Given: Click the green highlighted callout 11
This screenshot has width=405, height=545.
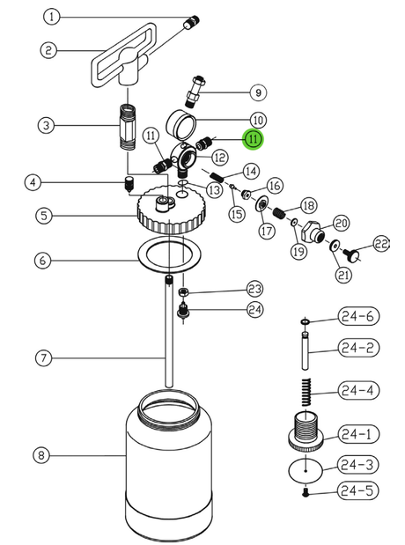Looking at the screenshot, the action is (253, 139).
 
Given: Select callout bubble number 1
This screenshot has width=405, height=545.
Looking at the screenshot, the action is (52, 17).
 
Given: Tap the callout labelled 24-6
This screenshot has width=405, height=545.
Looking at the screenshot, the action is (358, 316).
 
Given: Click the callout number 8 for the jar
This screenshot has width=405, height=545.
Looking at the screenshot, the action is (41, 455).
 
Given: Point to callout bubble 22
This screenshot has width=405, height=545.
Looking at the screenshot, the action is (381, 244).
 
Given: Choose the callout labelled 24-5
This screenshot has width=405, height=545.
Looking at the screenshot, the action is (357, 490).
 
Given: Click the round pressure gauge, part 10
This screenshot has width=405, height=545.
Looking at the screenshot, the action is (180, 124).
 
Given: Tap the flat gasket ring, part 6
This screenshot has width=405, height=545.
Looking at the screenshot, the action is (170, 253).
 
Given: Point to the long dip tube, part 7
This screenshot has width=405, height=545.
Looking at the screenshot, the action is (169, 331).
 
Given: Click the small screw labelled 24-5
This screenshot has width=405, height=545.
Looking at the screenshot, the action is (306, 492).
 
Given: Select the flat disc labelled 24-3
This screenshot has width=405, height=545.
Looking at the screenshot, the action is (306, 471).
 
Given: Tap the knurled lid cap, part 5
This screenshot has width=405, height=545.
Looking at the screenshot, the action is (172, 210).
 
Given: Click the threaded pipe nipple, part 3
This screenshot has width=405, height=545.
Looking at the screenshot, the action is (127, 127).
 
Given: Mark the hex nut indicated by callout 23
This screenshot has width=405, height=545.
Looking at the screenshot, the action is (183, 292).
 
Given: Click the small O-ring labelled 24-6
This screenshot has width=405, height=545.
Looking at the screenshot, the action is (305, 322).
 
